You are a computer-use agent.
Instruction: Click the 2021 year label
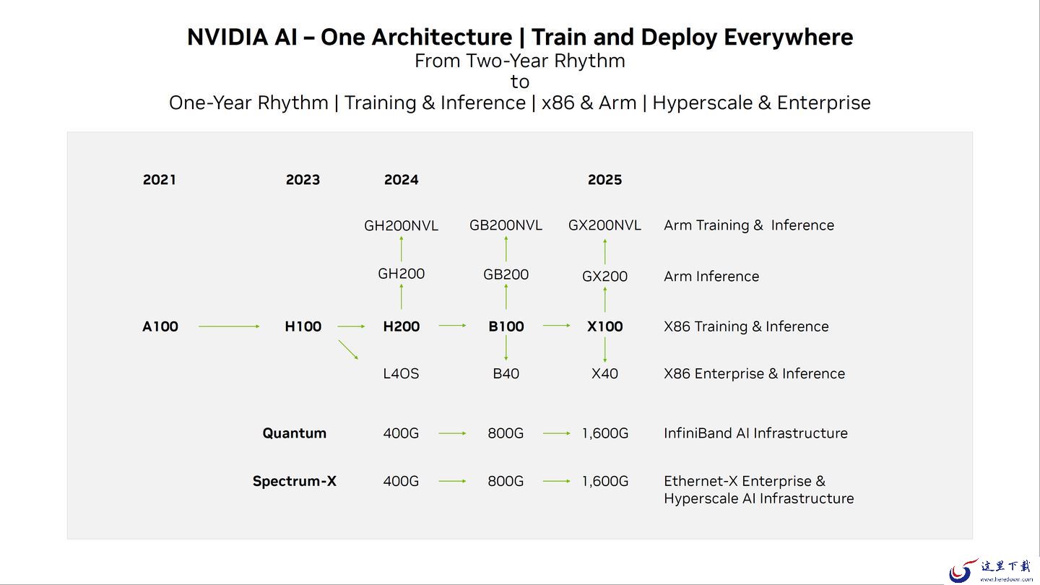(159, 180)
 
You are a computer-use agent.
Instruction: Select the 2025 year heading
(604, 180)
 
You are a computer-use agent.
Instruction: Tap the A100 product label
(160, 326)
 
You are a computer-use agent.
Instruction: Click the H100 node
(303, 326)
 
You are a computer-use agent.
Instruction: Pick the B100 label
(506, 326)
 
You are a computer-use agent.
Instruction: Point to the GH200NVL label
(401, 225)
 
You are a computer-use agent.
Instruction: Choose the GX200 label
(604, 276)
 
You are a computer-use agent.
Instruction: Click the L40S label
(401, 374)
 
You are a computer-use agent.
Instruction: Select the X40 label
(604, 374)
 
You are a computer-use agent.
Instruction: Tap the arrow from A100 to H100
(229, 326)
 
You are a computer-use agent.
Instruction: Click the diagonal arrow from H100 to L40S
(348, 350)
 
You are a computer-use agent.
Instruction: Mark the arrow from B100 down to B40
(506, 348)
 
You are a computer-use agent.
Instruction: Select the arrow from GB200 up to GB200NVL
(506, 249)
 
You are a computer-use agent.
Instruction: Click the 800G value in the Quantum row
(506, 433)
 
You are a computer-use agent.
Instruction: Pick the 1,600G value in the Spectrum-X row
(605, 482)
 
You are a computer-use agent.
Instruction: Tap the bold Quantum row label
(295, 433)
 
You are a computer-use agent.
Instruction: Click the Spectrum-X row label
(295, 481)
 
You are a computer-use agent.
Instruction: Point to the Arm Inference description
(711, 276)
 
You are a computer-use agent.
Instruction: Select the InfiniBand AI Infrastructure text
(755, 433)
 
